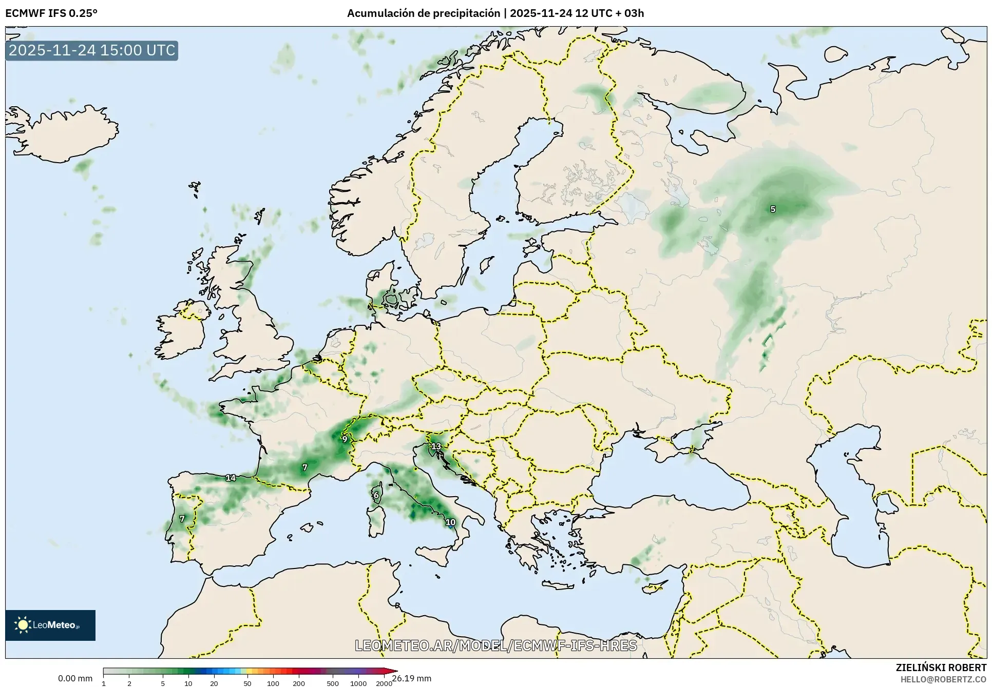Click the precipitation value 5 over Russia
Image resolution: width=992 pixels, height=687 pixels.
[x=773, y=209]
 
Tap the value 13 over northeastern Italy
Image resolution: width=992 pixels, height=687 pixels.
[x=436, y=446]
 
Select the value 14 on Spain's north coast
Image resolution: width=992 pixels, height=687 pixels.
[x=231, y=478]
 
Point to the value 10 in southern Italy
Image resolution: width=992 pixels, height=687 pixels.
[x=450, y=523]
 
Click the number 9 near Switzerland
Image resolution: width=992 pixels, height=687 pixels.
[x=345, y=439]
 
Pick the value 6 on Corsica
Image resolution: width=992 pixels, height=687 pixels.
[x=376, y=496]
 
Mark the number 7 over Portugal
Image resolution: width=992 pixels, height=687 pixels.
[x=182, y=519]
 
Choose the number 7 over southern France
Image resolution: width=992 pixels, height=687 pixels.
[x=305, y=467]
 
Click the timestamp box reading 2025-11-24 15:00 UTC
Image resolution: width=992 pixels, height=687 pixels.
[x=92, y=50]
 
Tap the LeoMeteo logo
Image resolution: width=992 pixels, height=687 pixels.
[x=50, y=625]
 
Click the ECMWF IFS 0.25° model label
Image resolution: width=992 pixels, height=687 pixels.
[x=51, y=13]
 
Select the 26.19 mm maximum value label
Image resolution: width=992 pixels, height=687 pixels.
[x=412, y=678]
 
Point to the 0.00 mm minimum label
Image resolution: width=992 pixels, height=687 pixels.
[x=75, y=678]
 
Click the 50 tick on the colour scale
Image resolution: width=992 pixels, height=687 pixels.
[x=247, y=683]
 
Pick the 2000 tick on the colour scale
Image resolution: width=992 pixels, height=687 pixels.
[x=384, y=683]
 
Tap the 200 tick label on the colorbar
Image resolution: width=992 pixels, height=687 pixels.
[x=299, y=683]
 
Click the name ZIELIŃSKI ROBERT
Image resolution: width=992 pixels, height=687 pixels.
[x=941, y=668]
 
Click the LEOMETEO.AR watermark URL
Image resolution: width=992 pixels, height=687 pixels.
[x=496, y=645]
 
